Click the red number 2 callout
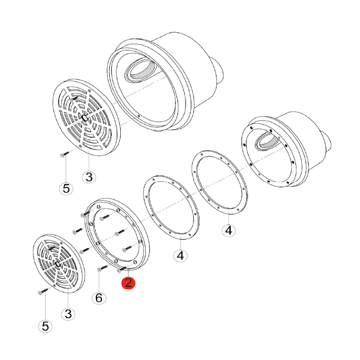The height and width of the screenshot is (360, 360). pos(128,283)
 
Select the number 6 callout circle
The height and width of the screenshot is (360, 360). pos(99,298)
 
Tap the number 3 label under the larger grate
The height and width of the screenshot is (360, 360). pos(89,177)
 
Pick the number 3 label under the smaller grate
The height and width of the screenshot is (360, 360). pos(68,314)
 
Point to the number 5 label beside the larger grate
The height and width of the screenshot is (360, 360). pos(66,189)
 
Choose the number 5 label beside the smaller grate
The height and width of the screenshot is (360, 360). pos(45,326)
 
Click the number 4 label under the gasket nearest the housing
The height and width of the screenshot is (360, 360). pos(229,230)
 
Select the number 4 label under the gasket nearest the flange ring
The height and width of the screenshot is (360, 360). pos(180,255)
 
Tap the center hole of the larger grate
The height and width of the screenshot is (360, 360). pos(85,118)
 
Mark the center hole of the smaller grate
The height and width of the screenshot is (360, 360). pos(58,264)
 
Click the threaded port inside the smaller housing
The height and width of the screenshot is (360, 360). pos(266,142)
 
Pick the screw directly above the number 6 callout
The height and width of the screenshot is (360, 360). pos(103,268)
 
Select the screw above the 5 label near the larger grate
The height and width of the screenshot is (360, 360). pos(64,154)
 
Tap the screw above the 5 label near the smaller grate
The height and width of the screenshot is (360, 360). pos(43,291)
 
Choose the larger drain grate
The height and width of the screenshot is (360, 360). pos(86,117)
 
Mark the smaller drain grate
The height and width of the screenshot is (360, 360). pos(59,264)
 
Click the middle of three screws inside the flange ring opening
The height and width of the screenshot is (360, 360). pos(119,232)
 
